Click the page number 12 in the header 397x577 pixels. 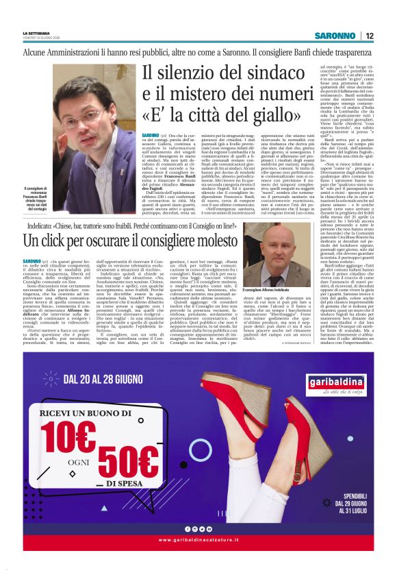coord(369,36)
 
